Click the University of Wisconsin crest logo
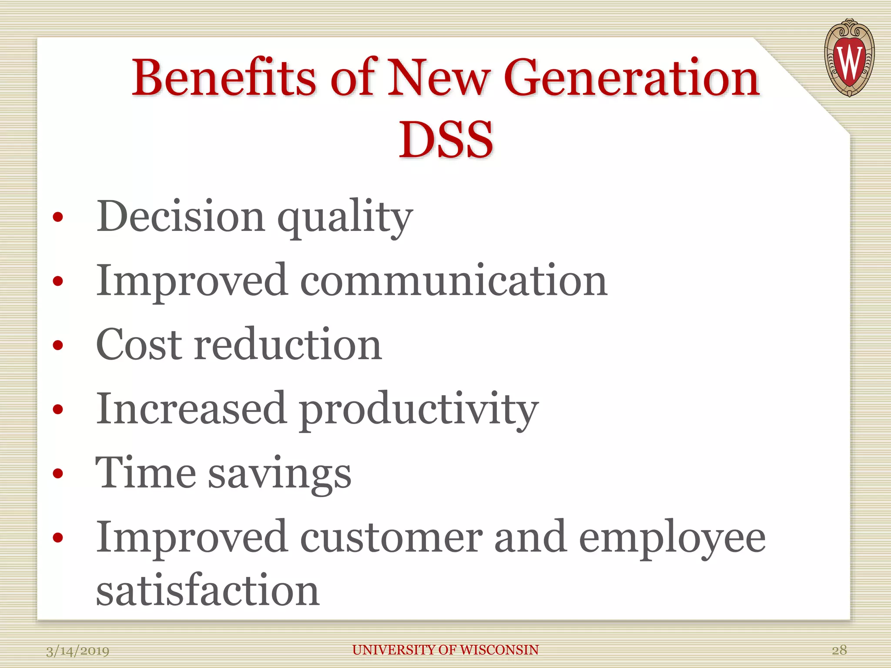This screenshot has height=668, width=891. coord(849,57)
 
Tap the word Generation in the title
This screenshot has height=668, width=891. coord(633,78)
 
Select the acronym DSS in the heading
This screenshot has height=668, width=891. coord(446,140)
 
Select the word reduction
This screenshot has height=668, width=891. coord(288,344)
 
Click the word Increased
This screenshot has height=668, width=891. coord(191,408)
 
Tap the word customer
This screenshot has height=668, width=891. coord(391,538)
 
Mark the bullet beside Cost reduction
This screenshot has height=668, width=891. coord(58,345)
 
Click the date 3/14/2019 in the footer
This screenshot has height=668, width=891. coord(78,651)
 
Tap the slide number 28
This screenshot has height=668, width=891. coord(839,650)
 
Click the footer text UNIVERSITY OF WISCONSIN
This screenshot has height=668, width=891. coord(445,650)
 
